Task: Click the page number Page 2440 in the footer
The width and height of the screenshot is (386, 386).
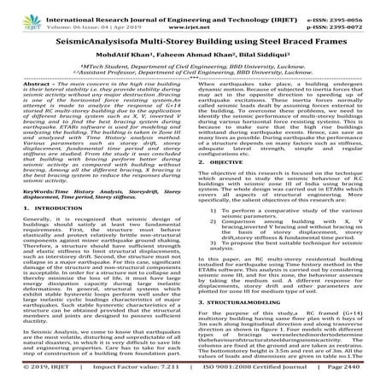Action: pos(358,378)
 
